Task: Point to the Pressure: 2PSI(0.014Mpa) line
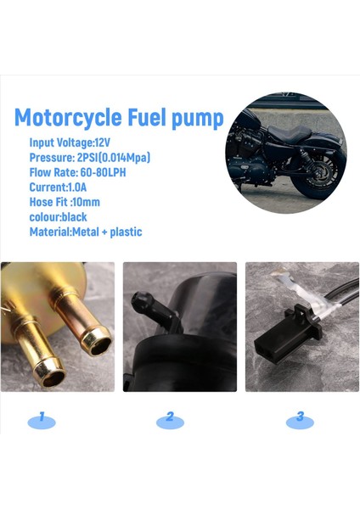(x=90, y=157)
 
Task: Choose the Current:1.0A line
(x=59, y=187)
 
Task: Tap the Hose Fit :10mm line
(x=65, y=202)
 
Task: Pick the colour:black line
(x=58, y=216)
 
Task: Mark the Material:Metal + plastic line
(x=85, y=232)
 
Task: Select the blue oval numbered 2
(x=170, y=417)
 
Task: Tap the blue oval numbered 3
(x=300, y=417)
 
